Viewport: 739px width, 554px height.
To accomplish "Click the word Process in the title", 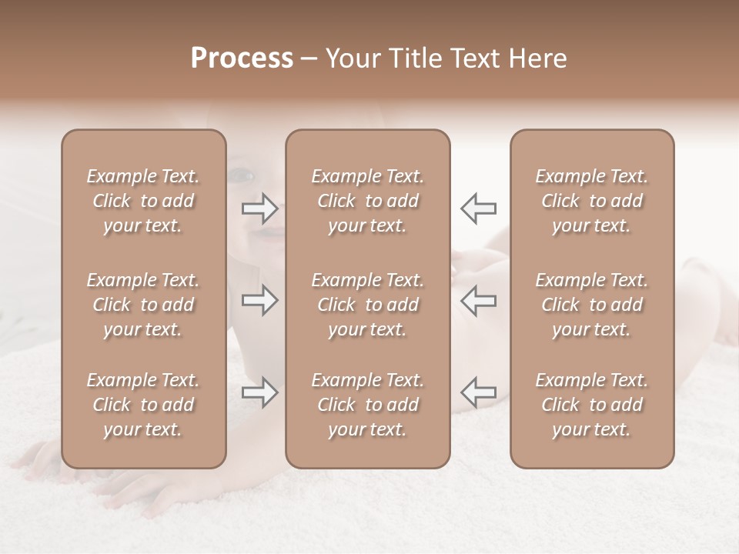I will point(242,58).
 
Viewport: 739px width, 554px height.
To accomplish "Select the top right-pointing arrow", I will point(259,208).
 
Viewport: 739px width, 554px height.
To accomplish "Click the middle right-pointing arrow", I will point(259,300).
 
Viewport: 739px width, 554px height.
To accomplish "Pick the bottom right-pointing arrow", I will point(259,392).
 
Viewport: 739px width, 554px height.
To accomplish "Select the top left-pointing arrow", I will point(479,208).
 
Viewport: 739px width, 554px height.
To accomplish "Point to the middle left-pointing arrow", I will point(479,300).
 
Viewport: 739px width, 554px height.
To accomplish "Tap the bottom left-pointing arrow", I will point(479,392).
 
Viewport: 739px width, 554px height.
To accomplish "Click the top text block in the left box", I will point(143,201).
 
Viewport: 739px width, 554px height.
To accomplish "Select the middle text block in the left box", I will point(143,305).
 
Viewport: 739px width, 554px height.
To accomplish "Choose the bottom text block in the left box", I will point(143,405).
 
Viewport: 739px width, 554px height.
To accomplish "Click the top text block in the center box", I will point(367,201).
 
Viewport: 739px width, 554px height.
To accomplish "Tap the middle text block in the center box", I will point(367,305).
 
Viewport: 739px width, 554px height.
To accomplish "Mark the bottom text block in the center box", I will point(367,405).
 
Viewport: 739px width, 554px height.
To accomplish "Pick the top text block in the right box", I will point(592,201).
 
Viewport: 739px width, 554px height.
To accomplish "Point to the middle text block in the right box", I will point(592,305).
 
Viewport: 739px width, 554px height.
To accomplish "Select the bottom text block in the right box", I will point(592,405).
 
